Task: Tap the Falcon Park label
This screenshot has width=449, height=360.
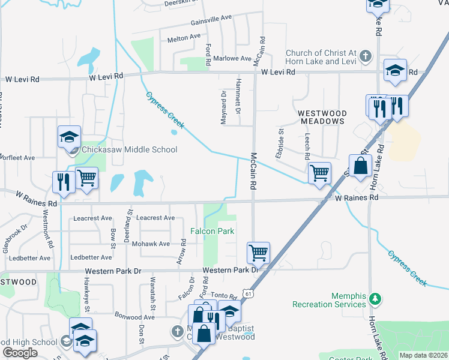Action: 212,231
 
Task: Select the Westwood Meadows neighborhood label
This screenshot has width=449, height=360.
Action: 322,117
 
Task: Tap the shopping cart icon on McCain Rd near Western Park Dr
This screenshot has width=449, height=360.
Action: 258,253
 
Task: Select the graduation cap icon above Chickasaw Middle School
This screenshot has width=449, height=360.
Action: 69,137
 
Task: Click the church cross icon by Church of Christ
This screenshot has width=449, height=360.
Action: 366,57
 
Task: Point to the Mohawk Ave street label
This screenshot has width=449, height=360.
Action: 151,244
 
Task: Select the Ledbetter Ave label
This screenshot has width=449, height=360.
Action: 91,257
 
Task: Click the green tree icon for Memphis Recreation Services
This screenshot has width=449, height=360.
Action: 375,298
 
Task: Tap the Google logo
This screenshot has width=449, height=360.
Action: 20,353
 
